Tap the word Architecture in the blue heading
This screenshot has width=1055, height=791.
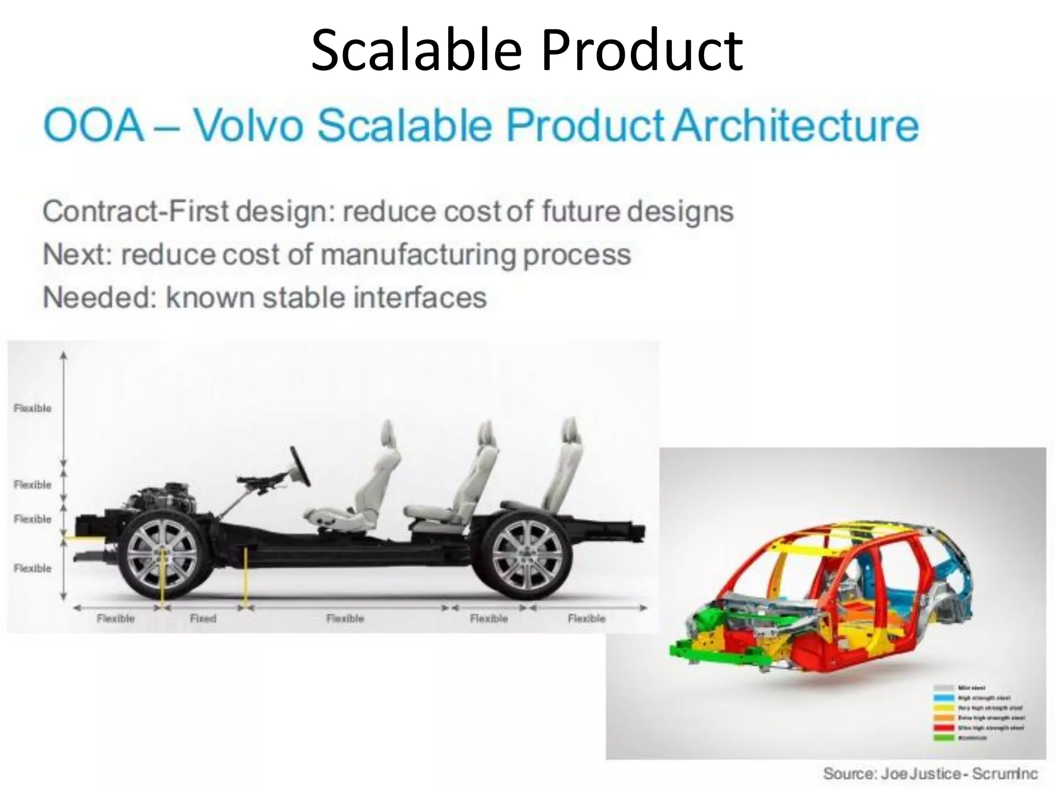coord(796,125)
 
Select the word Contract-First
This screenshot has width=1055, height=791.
coord(135,211)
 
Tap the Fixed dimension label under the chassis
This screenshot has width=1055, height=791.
coord(203,618)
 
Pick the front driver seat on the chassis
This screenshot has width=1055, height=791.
coord(361,484)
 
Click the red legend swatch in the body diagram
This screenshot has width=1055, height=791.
coord(943,728)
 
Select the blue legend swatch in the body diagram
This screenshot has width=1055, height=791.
coord(943,698)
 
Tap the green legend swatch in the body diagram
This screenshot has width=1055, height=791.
coord(943,737)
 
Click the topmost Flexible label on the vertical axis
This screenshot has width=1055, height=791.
coord(32,408)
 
